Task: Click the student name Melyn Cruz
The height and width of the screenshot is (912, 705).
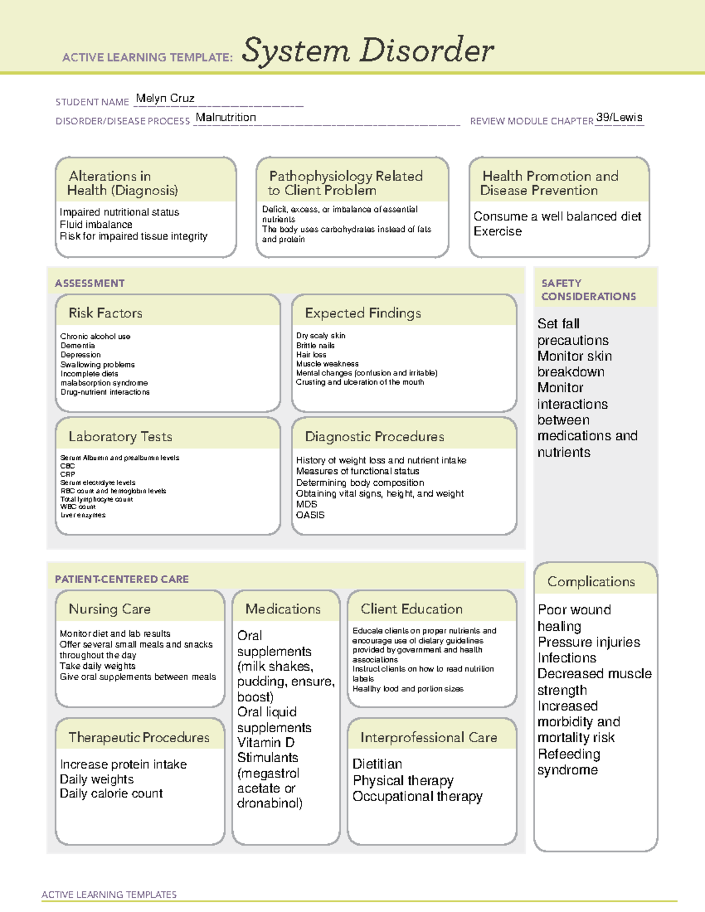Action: (x=164, y=99)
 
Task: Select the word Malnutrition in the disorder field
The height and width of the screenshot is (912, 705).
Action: (x=226, y=117)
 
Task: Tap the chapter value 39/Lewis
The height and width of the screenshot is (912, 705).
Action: (x=619, y=117)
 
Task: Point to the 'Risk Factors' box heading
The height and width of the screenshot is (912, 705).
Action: (x=105, y=313)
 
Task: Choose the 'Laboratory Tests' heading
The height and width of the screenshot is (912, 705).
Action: (x=120, y=436)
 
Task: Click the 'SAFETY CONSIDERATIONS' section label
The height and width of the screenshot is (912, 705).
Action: (x=588, y=290)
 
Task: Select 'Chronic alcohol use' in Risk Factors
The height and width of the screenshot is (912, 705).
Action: (x=95, y=336)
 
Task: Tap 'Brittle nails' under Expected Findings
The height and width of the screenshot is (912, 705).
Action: (x=315, y=345)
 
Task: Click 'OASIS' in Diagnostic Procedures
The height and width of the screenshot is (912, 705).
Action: (x=310, y=515)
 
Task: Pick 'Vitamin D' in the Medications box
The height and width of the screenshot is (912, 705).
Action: (x=266, y=742)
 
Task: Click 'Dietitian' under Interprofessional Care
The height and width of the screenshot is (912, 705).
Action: (x=377, y=764)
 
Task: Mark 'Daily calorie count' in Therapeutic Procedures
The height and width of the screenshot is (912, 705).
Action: (x=111, y=793)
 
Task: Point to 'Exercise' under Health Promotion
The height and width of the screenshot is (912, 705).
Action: (x=497, y=231)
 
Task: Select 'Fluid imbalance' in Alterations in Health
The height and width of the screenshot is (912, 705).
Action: (x=96, y=224)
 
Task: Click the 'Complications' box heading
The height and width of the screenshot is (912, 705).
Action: (x=590, y=581)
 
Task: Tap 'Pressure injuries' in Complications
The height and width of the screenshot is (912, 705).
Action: (x=589, y=642)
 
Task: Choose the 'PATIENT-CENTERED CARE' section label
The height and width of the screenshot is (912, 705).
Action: (x=122, y=579)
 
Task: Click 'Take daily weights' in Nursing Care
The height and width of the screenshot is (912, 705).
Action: (x=98, y=666)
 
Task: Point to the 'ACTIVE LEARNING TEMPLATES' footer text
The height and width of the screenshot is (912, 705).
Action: (x=109, y=894)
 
